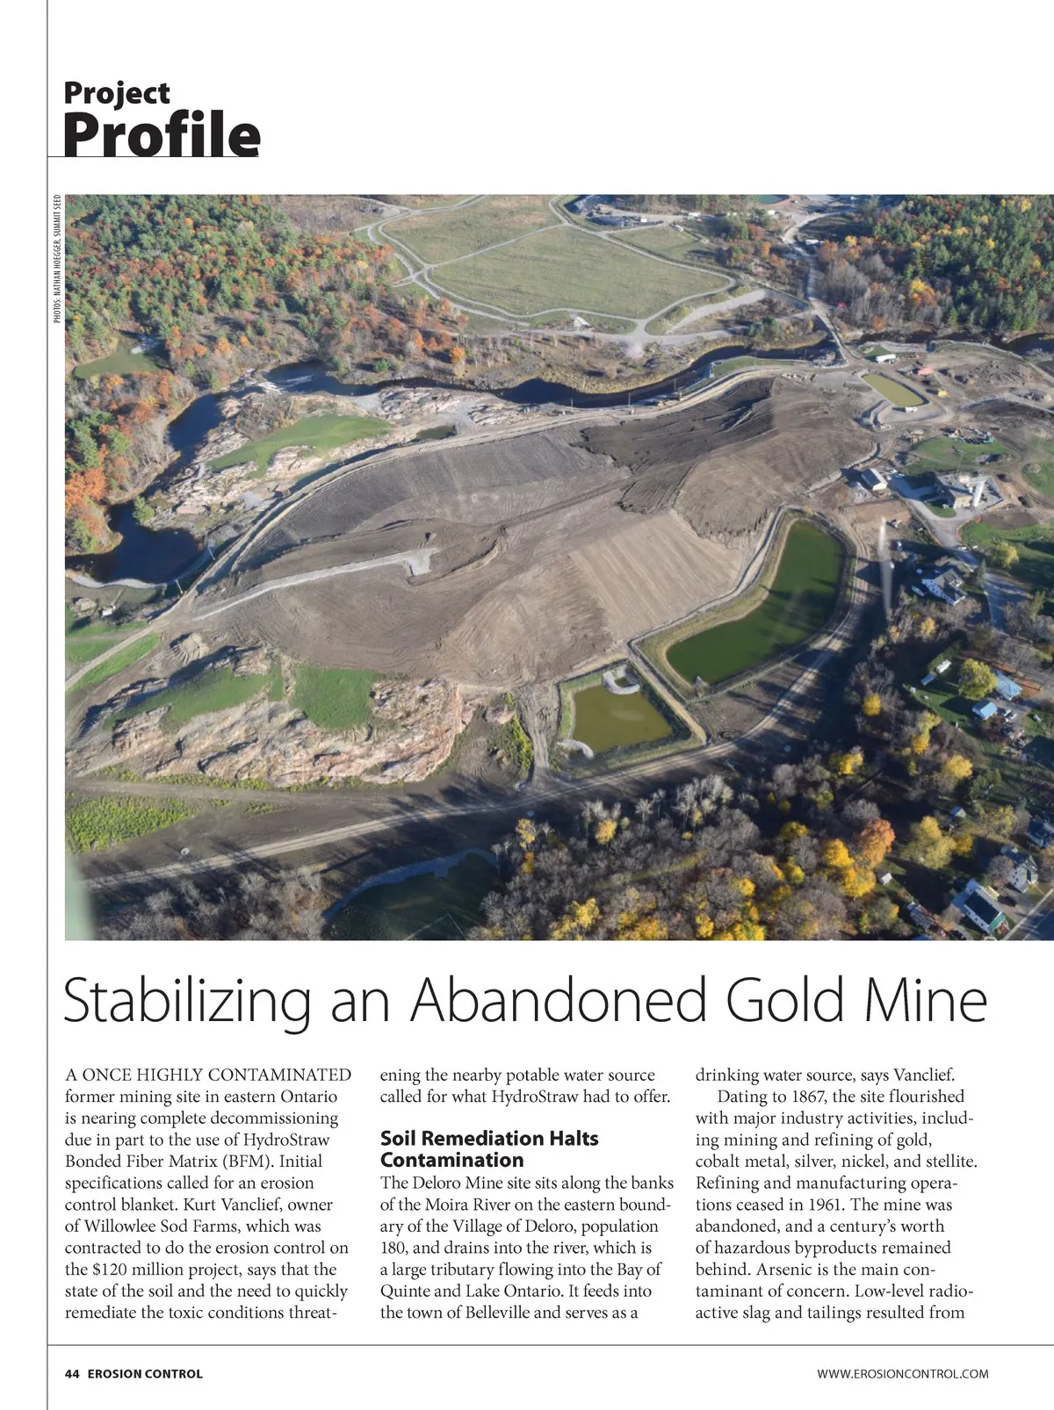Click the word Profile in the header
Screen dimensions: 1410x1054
pos(162,133)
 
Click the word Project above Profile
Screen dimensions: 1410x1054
pos(117,92)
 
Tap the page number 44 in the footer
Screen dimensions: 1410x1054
pos(72,1373)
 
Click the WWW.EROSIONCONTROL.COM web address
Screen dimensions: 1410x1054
pos(902,1373)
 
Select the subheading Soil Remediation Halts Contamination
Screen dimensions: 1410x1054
pos(488,1148)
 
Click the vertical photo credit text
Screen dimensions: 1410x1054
pos(57,259)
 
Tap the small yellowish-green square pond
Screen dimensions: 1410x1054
pos(619,716)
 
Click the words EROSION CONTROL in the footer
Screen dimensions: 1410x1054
pos(145,1373)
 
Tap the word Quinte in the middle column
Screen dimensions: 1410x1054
pos(406,1291)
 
